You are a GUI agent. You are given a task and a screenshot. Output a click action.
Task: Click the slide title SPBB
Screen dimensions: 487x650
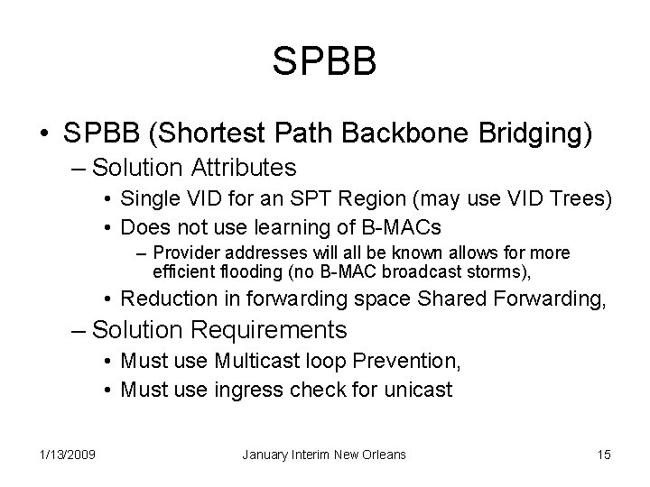click(324, 62)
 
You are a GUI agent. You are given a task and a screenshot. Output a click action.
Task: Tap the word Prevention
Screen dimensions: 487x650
click(411, 362)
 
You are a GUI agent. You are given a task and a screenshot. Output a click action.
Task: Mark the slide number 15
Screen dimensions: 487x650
click(604, 454)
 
